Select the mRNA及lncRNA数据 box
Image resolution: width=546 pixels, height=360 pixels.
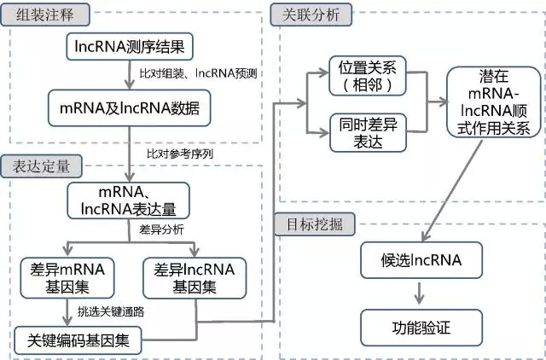128,108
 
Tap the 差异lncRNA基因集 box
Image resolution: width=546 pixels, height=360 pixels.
196,276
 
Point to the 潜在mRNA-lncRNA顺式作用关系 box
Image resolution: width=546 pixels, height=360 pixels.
488,102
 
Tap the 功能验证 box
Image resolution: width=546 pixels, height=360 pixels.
418,327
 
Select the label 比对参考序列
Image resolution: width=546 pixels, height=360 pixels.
179,154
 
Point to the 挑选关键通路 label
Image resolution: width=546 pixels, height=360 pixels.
109,311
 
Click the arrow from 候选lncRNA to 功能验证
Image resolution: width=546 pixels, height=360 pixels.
418,293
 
